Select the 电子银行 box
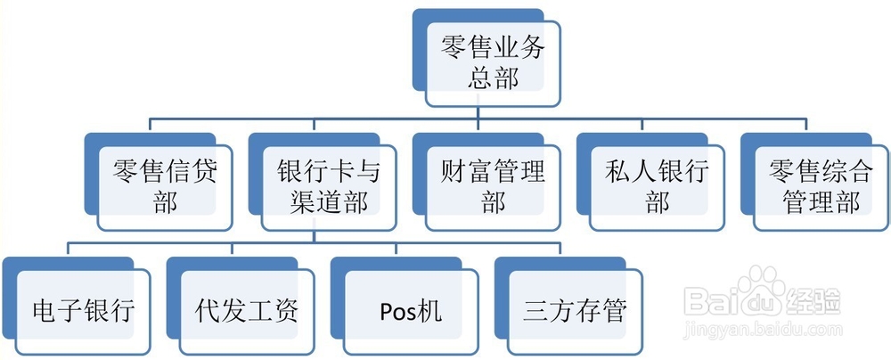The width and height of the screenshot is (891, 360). tap(83, 311)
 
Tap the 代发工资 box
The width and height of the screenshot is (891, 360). tap(247, 311)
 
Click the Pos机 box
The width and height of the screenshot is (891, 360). tap(411, 311)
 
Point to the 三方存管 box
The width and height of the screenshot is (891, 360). tap(575, 311)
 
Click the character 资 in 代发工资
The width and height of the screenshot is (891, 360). tap(286, 311)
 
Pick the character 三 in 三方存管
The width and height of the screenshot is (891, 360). tap(535, 311)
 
